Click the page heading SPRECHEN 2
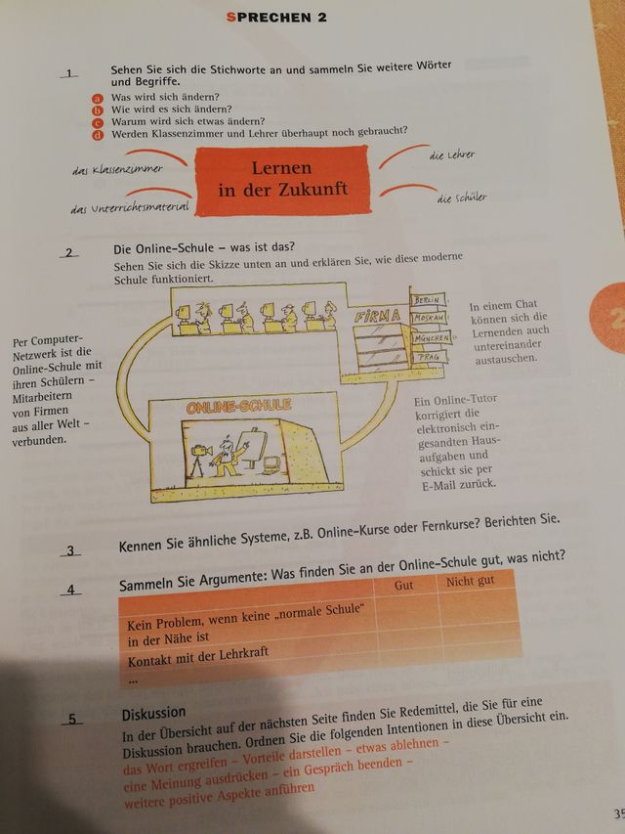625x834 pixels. click(x=276, y=17)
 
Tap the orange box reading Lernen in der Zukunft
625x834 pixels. click(x=282, y=179)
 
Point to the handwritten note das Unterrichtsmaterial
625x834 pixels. click(x=131, y=205)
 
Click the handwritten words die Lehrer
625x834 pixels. click(x=452, y=154)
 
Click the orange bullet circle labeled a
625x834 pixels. click(x=98, y=99)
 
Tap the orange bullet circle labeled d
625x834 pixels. click(x=98, y=134)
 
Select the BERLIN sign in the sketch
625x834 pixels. click(x=427, y=299)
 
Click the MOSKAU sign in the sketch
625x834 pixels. click(x=429, y=319)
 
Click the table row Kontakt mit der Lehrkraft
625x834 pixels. click(x=198, y=661)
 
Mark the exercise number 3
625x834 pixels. click(x=70, y=550)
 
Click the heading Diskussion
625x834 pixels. click(x=153, y=713)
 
